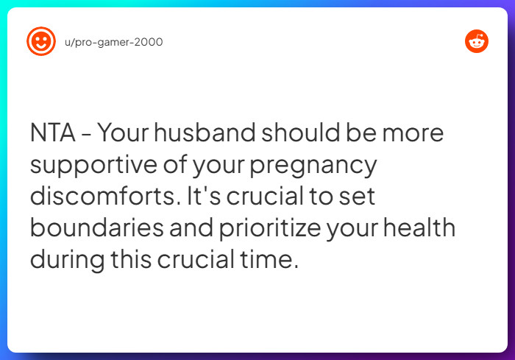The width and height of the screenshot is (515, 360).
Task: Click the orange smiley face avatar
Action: pos(40,41)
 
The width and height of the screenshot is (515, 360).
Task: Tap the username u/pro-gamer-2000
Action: pos(114,42)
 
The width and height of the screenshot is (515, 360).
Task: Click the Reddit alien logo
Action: pos(477,41)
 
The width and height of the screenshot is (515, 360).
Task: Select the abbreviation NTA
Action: pos(52,133)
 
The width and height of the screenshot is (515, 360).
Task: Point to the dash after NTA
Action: pos(86,135)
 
